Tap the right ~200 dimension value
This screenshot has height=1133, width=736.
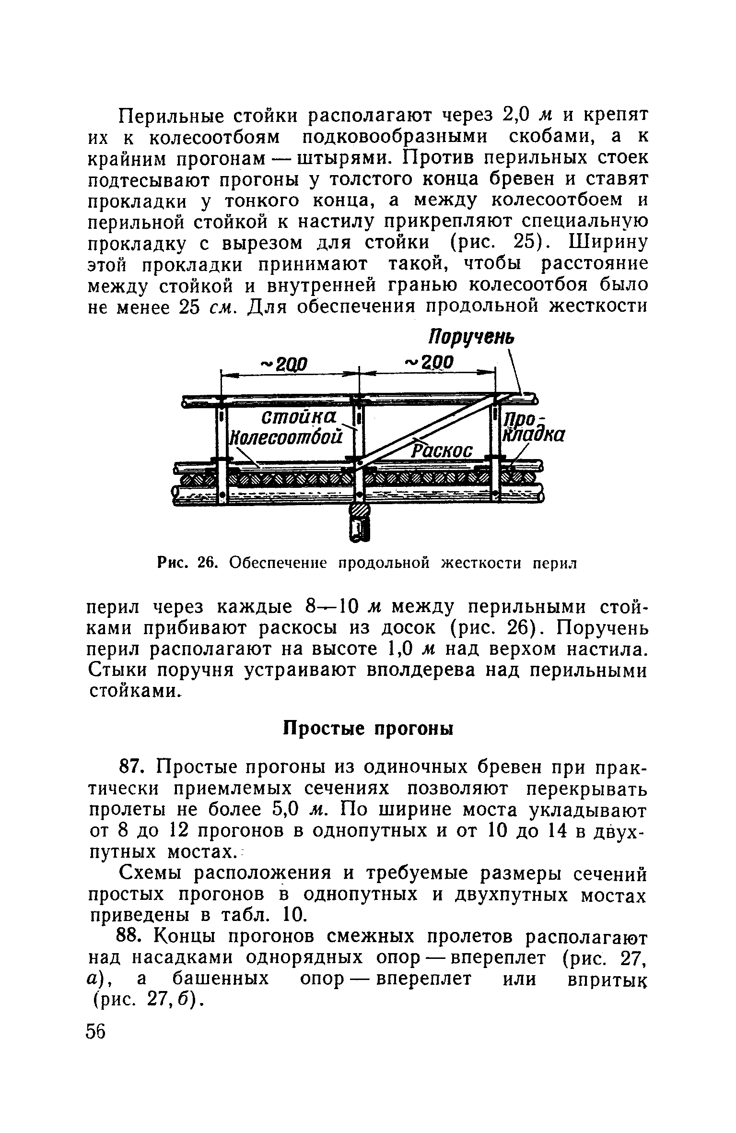point(429,362)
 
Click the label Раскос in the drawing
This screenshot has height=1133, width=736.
point(443,450)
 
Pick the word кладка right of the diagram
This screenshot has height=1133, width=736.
point(533,435)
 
